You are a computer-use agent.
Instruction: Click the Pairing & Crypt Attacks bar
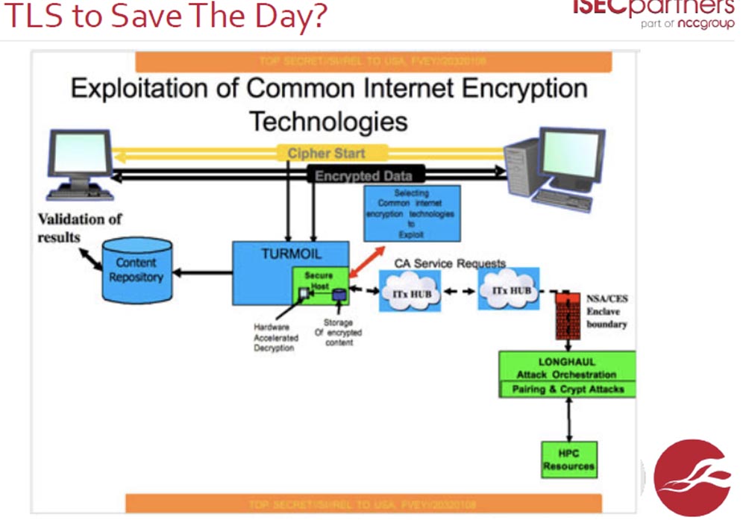click(567, 389)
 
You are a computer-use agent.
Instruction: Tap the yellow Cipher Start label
click(327, 154)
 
